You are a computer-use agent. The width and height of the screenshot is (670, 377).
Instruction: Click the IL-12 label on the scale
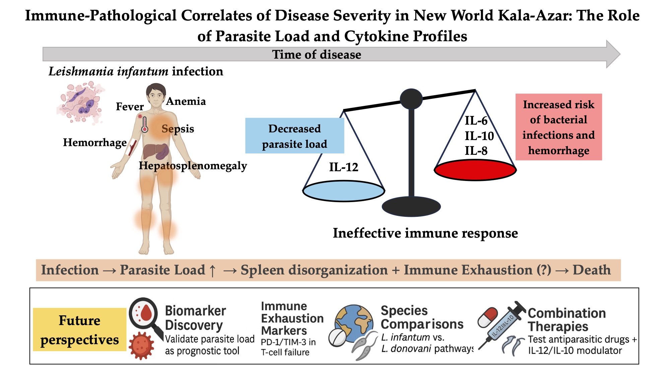tap(343, 167)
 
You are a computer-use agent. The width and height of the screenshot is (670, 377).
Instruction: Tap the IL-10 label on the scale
tap(479, 136)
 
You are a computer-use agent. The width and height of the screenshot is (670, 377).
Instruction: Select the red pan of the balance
tap(475, 170)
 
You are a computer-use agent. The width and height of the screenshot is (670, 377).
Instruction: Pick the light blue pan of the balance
tap(344, 191)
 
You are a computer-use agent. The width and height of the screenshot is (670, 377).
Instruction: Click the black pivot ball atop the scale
tap(411, 99)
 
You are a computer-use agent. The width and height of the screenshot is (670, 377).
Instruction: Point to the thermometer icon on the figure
tap(145, 125)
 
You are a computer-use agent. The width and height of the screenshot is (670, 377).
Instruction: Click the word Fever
tap(130, 107)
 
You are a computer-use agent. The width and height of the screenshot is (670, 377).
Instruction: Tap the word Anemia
tap(186, 101)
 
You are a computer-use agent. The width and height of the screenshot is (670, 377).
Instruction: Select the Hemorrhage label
tap(95, 142)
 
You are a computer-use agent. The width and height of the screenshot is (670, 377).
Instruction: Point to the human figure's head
tap(156, 95)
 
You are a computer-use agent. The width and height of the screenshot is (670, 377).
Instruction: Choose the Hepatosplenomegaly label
tap(193, 166)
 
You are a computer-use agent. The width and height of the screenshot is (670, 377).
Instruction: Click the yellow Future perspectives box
tap(80, 330)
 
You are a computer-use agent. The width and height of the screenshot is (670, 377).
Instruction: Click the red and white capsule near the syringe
tap(487, 317)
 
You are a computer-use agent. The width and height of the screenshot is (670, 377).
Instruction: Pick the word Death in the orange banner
tap(592, 270)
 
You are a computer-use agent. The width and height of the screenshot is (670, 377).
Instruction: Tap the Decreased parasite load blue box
tap(294, 136)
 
